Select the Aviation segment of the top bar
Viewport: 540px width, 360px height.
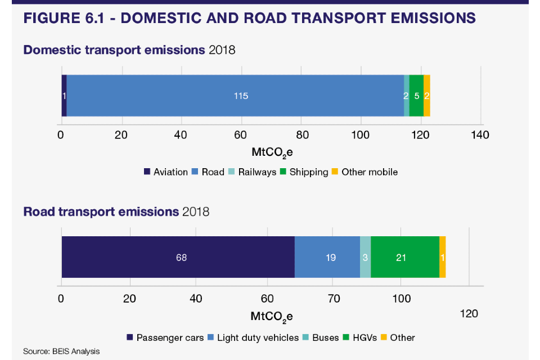pyautogui.click(x=64, y=96)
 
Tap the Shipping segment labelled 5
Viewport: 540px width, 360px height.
pyautogui.click(x=416, y=96)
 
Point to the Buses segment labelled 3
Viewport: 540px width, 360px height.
pyautogui.click(x=365, y=257)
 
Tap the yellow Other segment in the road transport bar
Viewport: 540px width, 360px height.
pyautogui.click(x=443, y=257)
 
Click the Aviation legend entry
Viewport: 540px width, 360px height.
pyautogui.click(x=166, y=172)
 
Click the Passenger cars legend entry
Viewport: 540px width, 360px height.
pyautogui.click(x=165, y=337)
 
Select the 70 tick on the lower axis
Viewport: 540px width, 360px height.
pyautogui.click(x=332, y=298)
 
